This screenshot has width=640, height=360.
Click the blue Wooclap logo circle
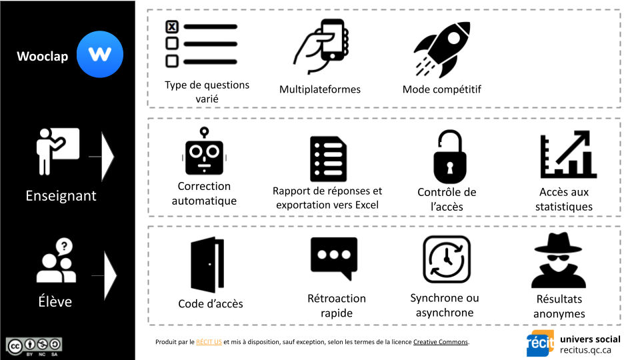coord(100,55)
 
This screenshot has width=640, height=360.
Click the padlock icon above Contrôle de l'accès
coord(447,157)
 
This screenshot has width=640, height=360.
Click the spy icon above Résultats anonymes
coord(558,260)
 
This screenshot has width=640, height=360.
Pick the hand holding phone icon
coord(322,46)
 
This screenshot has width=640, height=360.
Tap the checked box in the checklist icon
coord(172,27)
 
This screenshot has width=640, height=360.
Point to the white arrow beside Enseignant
coord(107,157)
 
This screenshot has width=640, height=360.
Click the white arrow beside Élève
coord(109,275)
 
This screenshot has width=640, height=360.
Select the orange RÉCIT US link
coord(209,342)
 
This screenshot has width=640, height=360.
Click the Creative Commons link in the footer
coord(441,342)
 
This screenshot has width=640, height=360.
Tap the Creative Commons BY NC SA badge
coord(34,345)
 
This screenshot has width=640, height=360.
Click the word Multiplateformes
coord(319,89)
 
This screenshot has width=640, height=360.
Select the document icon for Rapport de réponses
coord(329,159)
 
